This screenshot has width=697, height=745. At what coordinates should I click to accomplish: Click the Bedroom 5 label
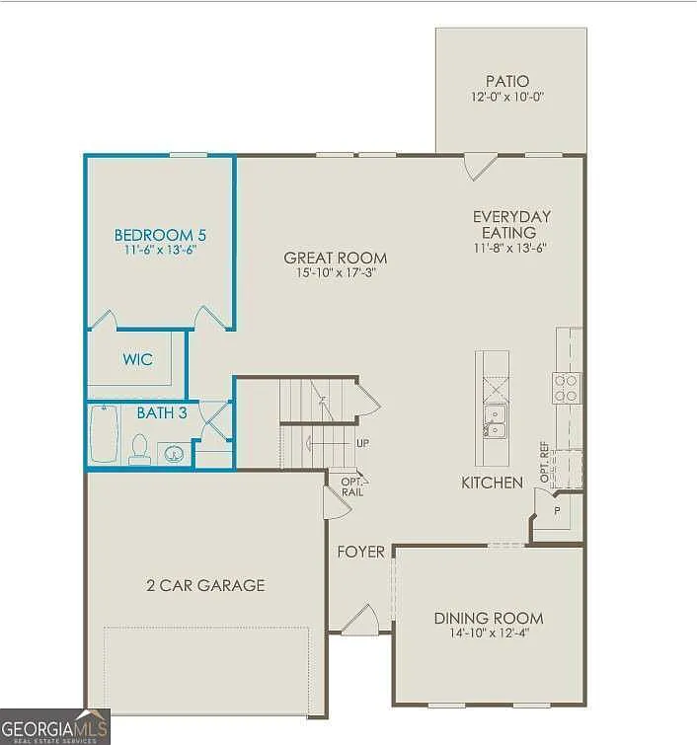click(x=160, y=235)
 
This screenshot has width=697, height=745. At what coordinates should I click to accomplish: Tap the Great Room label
click(x=336, y=259)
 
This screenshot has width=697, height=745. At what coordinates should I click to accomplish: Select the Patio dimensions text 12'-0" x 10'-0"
click(x=507, y=98)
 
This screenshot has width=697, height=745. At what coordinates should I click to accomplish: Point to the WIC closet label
click(x=138, y=359)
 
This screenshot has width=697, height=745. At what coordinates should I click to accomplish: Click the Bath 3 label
click(x=162, y=412)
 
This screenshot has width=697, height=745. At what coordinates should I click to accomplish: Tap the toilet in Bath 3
click(x=139, y=451)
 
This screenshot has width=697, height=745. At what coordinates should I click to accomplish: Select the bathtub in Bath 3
click(x=104, y=435)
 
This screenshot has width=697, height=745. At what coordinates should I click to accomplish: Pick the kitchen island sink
click(x=494, y=426)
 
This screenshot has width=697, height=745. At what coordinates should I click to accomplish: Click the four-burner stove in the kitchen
click(x=567, y=387)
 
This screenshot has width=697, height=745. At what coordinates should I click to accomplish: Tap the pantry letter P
click(x=557, y=511)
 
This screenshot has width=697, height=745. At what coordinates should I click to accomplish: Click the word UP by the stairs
click(x=362, y=443)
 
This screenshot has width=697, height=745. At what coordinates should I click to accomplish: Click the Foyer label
click(x=361, y=552)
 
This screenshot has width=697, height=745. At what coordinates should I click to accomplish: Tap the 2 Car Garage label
click(x=205, y=585)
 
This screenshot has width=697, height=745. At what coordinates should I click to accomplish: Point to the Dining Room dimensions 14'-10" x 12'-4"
click(x=489, y=634)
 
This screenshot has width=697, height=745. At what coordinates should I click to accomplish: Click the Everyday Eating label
click(x=511, y=224)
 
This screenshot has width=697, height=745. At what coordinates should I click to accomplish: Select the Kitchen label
click(x=493, y=483)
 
